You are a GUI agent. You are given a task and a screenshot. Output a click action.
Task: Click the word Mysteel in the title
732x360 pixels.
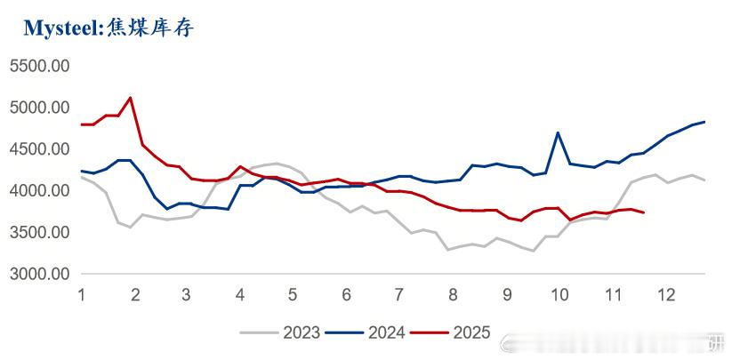[x=60, y=28]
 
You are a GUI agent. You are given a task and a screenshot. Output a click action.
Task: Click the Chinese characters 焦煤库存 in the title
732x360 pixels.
[x=149, y=28]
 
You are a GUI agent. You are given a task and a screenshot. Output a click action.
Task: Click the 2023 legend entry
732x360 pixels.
[x=289, y=332]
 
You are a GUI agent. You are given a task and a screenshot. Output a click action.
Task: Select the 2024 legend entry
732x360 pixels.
[x=374, y=332]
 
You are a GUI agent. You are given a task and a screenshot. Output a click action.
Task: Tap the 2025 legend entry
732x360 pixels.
[x=458, y=332]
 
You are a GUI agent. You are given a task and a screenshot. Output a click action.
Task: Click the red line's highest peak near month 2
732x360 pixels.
[x=131, y=98]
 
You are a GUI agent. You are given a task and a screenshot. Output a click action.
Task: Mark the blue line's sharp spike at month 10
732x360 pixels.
[x=558, y=133]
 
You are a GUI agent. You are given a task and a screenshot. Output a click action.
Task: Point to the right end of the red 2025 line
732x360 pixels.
[x=643, y=212]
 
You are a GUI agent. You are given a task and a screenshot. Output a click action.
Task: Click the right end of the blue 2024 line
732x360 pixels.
[x=704, y=122]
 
